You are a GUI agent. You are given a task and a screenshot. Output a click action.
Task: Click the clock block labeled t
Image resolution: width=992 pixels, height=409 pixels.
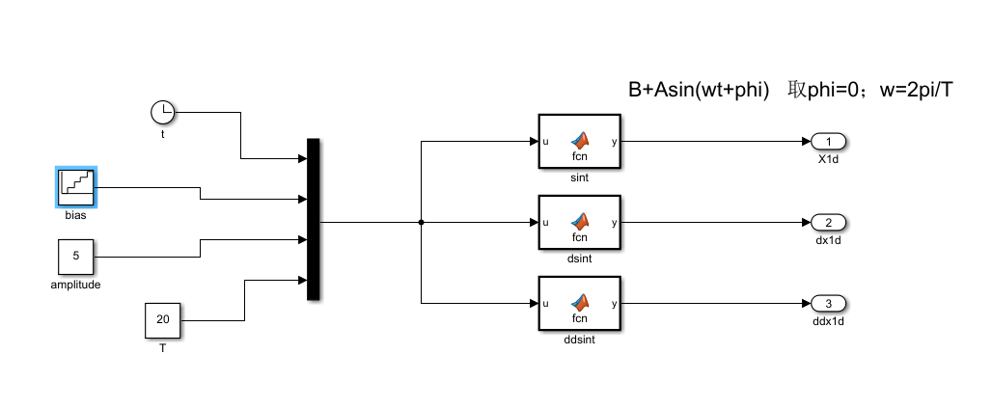coord(162,112)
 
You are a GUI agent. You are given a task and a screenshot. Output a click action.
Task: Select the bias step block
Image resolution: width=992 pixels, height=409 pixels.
coord(75,186)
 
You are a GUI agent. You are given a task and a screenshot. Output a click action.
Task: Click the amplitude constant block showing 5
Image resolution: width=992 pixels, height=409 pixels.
coord(76,258)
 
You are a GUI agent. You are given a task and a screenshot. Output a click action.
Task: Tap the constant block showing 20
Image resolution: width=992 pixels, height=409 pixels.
coord(162,320)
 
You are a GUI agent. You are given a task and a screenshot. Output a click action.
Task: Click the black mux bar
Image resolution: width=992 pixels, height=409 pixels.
coord(313,220)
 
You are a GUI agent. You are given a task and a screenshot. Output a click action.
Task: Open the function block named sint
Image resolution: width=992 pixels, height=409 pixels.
coord(580,142)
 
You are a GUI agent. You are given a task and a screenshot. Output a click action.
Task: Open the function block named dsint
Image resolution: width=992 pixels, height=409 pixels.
coord(580,223)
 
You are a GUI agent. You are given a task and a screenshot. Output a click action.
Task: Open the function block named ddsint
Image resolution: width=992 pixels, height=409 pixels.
coord(580,304)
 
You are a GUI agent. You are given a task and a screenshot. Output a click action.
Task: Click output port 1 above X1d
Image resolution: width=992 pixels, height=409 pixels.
coord(828,142)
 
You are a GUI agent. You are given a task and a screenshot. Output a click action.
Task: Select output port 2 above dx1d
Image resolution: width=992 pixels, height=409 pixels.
coord(828,223)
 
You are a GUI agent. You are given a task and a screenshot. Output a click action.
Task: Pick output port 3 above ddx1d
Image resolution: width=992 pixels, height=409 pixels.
coord(828,304)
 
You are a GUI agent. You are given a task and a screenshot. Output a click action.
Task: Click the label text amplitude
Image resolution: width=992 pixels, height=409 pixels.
coord(76,286)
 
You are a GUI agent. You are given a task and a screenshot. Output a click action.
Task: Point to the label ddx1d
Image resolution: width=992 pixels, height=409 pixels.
coord(828,321)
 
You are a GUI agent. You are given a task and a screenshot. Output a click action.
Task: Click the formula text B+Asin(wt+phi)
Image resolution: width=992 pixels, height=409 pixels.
coord(698,90)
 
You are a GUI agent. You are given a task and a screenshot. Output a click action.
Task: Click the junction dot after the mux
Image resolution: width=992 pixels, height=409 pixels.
coord(422,223)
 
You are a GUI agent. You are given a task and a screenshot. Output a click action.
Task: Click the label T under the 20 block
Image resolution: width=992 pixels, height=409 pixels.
coord(162,347)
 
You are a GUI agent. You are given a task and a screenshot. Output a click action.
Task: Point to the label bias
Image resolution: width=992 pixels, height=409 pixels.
coord(75,215)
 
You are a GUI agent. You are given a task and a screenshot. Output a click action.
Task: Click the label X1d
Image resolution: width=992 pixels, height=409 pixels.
coord(828,159)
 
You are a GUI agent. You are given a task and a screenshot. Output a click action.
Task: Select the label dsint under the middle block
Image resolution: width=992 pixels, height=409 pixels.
coord(580,259)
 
